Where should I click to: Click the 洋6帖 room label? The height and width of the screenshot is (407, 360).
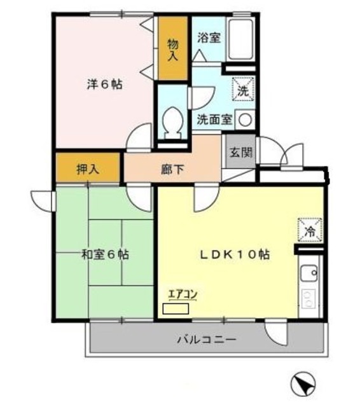104,83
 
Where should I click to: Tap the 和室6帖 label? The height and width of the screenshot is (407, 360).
106,254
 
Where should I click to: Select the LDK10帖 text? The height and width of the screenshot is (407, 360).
234,254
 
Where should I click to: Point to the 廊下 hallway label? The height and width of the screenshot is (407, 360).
172,170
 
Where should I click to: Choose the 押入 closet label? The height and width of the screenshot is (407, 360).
88,169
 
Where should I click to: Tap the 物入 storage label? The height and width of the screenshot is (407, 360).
172,49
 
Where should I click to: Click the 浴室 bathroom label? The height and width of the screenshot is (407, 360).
209,38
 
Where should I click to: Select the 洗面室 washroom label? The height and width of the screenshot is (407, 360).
214,119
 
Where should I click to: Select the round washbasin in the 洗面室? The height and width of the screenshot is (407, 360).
245,119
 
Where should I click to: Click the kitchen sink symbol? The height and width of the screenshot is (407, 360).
310,275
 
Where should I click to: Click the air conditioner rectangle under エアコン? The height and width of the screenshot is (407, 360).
176,309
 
